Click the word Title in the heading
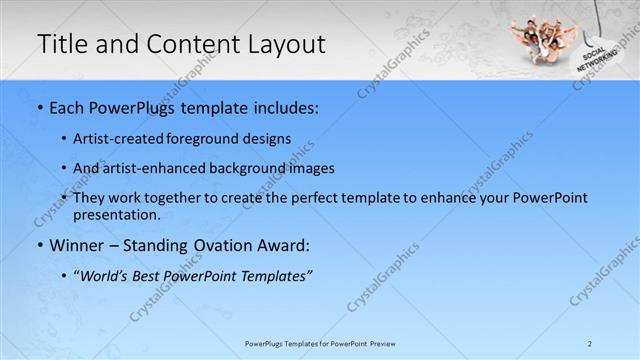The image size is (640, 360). pos(62,44)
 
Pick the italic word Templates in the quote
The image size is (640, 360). pos(273,275)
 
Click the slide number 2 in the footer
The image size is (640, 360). pos(590,343)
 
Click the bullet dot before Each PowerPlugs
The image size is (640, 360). pos(39,108)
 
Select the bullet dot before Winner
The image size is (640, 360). pos(39,245)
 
